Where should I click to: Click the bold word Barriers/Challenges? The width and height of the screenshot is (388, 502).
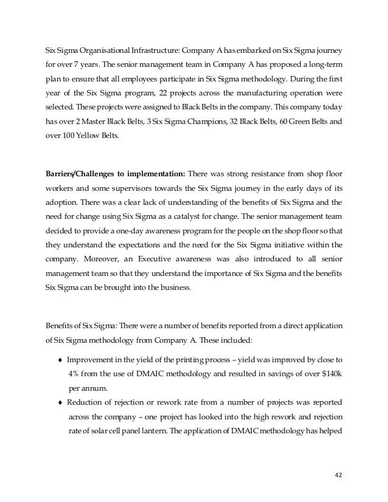pos(83,172)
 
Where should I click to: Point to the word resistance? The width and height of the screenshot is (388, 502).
pos(260,172)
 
